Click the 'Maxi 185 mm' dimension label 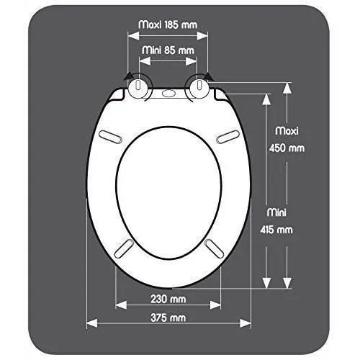point(168,24)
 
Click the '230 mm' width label point(168,300)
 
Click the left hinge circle point(140,87)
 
